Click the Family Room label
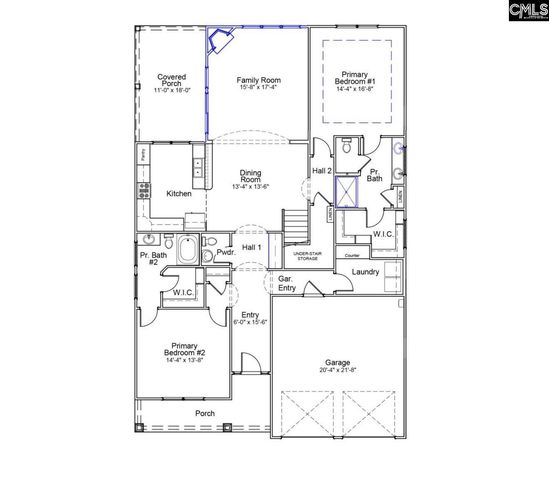tap(257, 79)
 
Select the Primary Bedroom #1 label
tap(356, 74)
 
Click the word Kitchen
tap(179, 194)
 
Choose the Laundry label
tap(366, 270)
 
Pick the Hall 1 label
tap(251, 247)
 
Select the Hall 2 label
tap(321, 171)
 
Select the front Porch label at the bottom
tap(204, 413)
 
